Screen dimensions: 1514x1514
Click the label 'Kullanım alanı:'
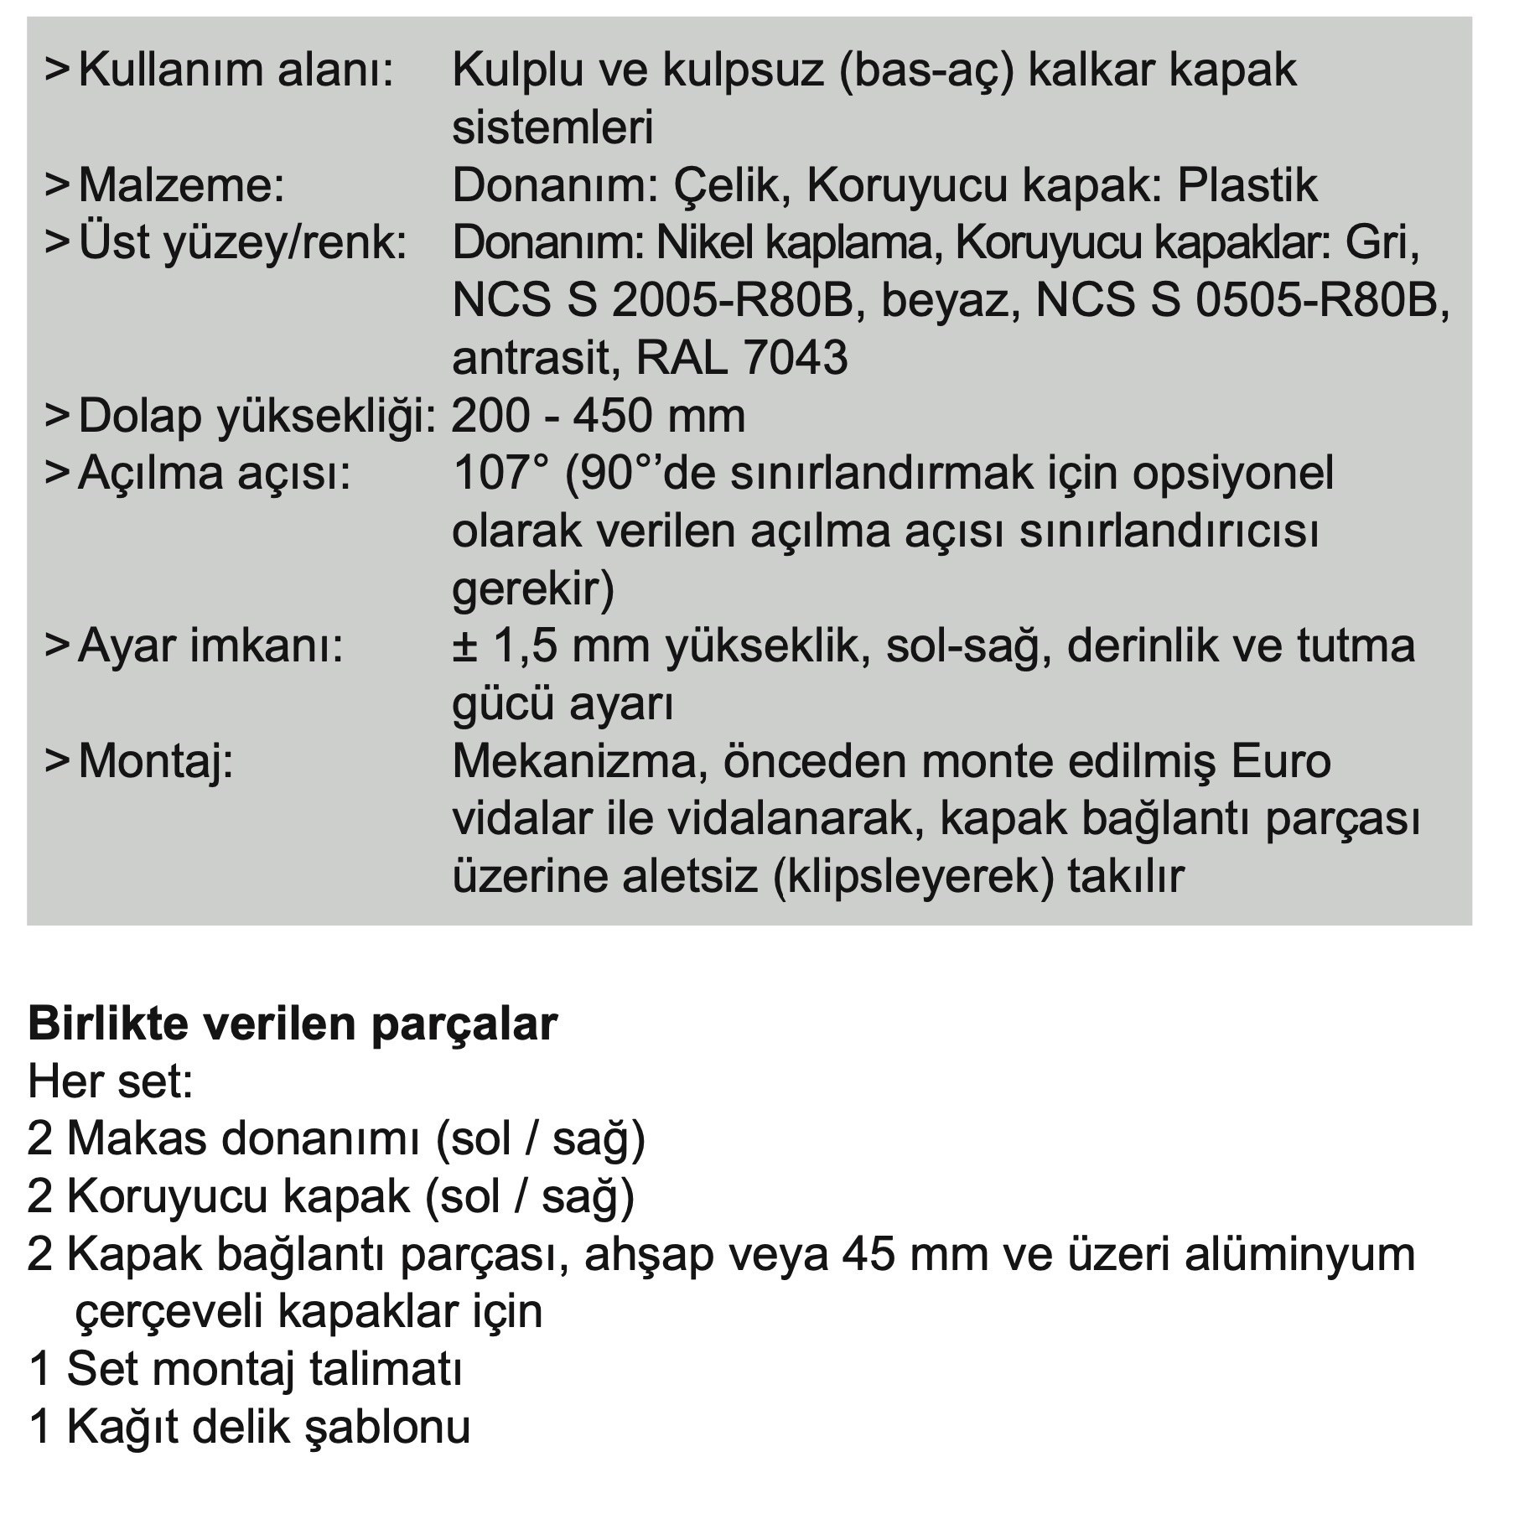[x=236, y=70]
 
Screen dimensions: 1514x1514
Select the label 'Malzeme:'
[x=181, y=185]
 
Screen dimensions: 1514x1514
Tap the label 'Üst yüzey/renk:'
[x=242, y=243]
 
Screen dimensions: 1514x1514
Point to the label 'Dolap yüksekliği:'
[x=257, y=417]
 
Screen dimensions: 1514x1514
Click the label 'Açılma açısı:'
[x=214, y=474]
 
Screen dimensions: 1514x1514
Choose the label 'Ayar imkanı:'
[x=210, y=646]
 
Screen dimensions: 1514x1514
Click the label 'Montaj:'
[x=155, y=762]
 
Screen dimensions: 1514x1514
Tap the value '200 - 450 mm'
[x=599, y=417]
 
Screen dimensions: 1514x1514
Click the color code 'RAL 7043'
[x=742, y=358]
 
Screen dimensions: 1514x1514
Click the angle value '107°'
[x=500, y=474]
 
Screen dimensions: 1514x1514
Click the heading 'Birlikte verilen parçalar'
[x=293, y=1024]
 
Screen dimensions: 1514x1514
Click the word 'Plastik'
[x=1247, y=185]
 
